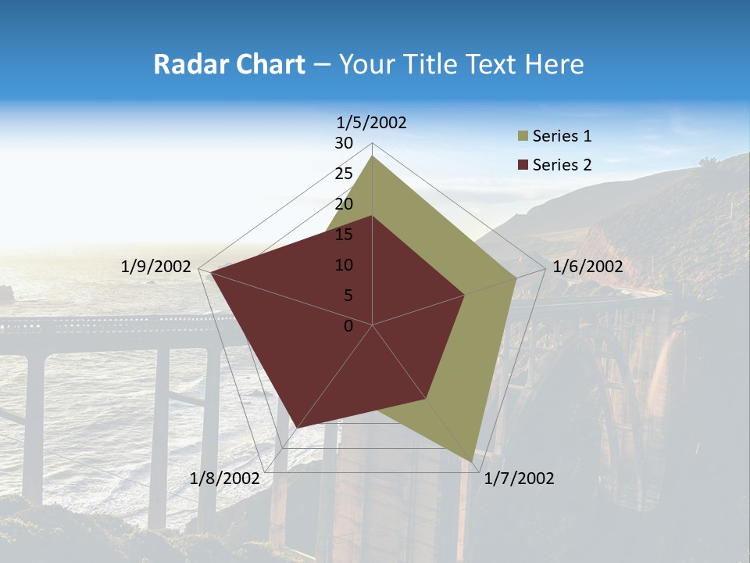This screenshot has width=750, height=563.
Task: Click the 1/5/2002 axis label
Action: (372, 123)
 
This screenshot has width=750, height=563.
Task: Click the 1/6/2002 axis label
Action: (587, 267)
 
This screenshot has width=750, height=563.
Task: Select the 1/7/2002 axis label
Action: (519, 479)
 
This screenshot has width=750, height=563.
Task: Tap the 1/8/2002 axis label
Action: (225, 479)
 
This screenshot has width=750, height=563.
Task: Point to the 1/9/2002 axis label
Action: (156, 267)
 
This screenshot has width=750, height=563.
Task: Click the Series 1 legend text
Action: (562, 136)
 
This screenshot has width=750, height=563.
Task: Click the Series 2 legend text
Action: (562, 165)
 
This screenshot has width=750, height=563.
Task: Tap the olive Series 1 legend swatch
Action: (523, 137)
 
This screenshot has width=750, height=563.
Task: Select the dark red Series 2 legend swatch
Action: (523, 165)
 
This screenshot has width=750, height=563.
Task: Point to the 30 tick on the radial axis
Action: (344, 143)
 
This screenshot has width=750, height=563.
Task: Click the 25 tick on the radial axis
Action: (344, 174)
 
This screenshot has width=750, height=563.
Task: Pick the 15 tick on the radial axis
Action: (344, 235)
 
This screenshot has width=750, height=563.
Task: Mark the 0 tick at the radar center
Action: (348, 326)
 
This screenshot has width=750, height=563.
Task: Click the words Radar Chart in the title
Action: (229, 64)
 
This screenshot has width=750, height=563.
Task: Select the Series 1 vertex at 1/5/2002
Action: (373, 156)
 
